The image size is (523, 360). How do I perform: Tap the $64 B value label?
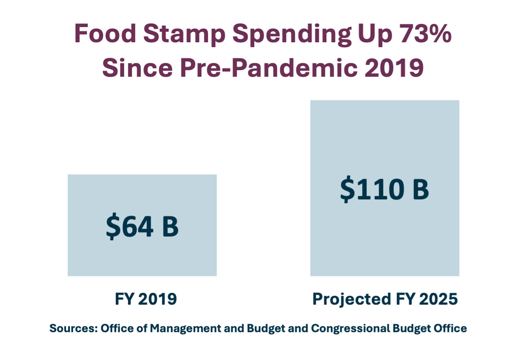point(142,226)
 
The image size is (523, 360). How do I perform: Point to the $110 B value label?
point(384,189)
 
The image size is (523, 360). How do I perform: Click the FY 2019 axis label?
point(146,299)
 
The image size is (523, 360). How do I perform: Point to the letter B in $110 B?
point(421,189)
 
